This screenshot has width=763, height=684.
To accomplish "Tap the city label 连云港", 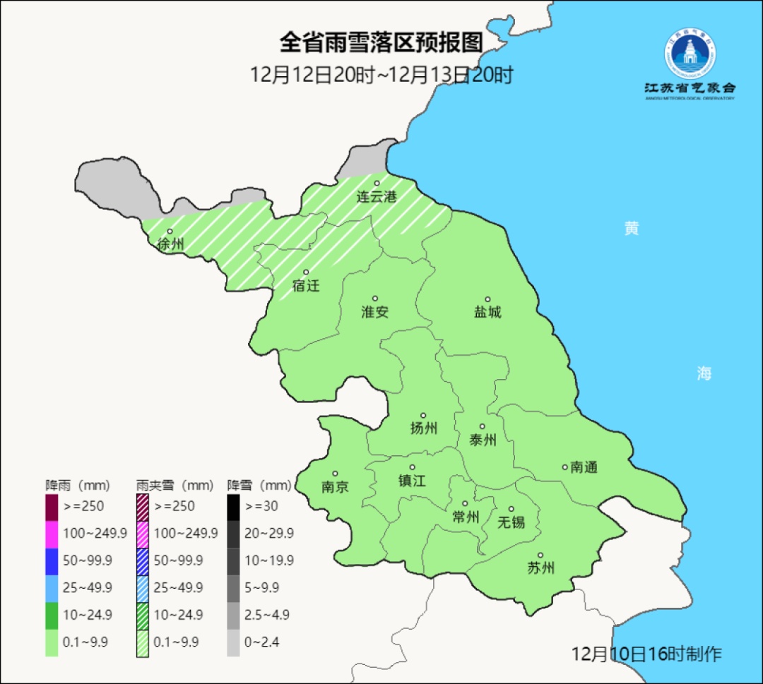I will [x=376, y=197].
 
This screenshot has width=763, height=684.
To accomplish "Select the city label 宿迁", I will [x=306, y=286].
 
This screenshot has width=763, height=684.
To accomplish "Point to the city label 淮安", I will [x=375, y=311].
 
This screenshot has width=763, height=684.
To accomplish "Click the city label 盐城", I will [x=487, y=311].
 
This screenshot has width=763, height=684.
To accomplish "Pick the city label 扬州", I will [x=424, y=428].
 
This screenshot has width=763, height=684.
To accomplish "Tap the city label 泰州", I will [x=483, y=440].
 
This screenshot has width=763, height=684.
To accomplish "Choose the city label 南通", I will [x=584, y=467].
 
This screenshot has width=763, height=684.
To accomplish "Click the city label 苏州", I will [x=540, y=568].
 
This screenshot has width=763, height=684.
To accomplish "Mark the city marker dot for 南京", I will [x=335, y=474].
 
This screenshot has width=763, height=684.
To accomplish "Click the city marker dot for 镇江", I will [x=413, y=467].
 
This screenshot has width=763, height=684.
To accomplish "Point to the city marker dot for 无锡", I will [x=511, y=509].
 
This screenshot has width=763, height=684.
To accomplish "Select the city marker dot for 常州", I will [x=465, y=503].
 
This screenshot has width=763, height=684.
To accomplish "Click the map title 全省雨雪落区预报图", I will [x=381, y=43].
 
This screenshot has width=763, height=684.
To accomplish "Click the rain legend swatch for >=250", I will [x=52, y=506].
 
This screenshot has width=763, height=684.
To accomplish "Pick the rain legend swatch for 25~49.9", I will [x=52, y=587].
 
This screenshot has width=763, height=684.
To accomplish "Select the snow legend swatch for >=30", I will [x=233, y=506].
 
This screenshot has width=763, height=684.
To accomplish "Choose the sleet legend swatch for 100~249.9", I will [x=142, y=533].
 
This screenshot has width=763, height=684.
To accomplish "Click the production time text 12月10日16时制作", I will [x=646, y=654].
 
